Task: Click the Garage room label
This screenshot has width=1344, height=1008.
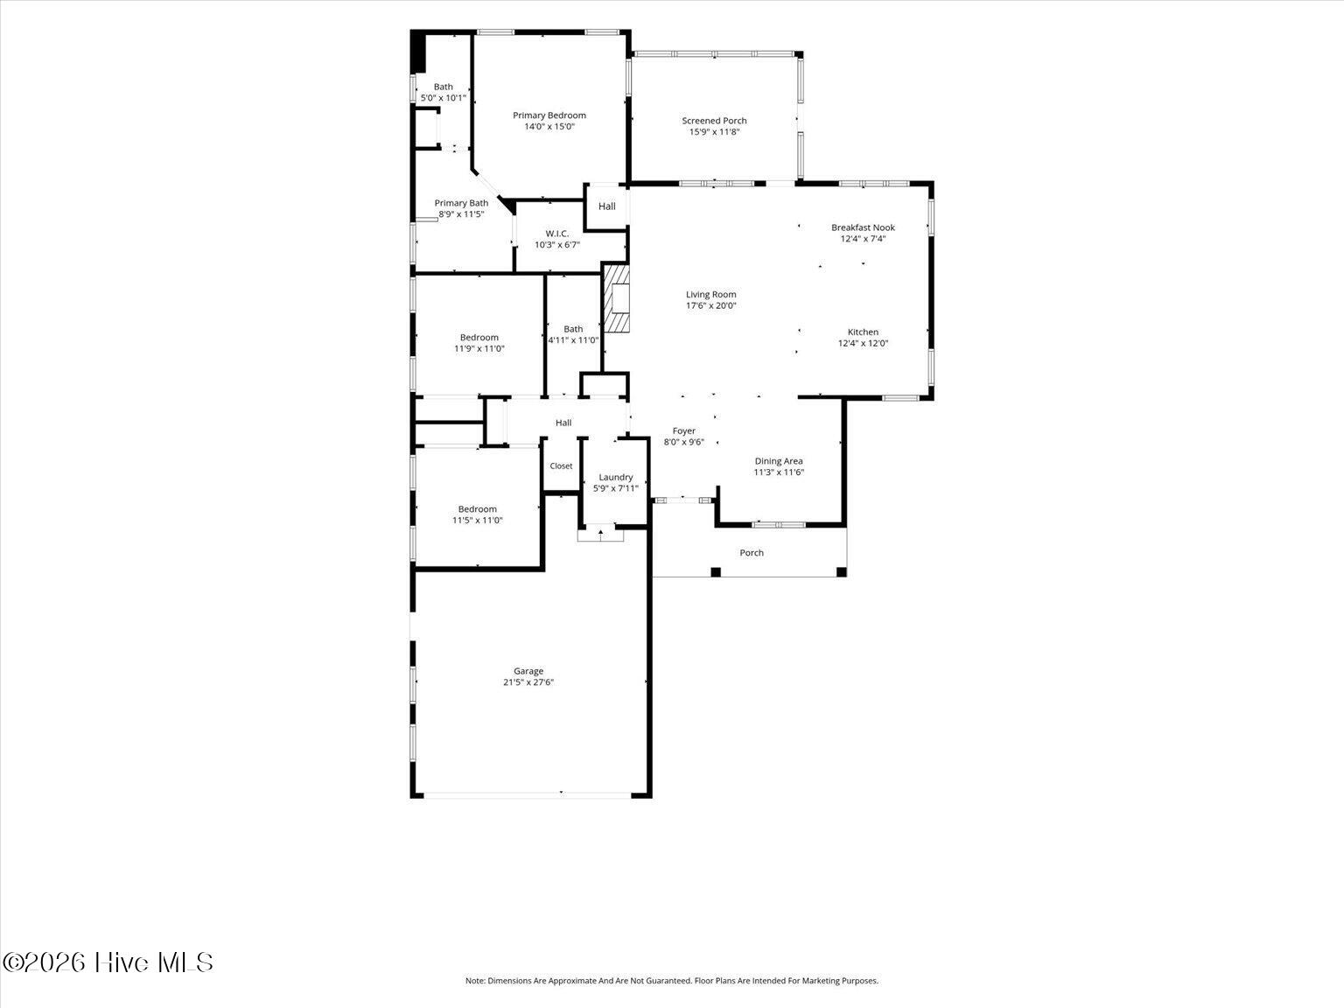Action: pyautogui.click(x=528, y=671)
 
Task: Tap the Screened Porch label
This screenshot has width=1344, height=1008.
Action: pyautogui.click(x=714, y=121)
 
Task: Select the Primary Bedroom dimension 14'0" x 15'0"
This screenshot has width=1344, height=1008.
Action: pyautogui.click(x=549, y=127)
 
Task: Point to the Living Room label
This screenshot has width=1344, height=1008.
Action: pyautogui.click(x=710, y=294)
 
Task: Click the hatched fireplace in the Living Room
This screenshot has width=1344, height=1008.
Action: pyautogui.click(x=616, y=298)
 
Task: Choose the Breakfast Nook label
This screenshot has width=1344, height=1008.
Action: pyautogui.click(x=863, y=227)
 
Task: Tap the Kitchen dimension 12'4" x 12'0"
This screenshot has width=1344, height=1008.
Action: pyautogui.click(x=863, y=343)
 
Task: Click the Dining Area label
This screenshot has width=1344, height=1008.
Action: pyautogui.click(x=778, y=461)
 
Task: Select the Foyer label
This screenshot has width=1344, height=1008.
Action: pyautogui.click(x=684, y=430)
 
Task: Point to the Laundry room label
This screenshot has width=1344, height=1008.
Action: pyautogui.click(x=615, y=478)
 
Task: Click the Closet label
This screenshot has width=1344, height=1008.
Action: pyautogui.click(x=561, y=465)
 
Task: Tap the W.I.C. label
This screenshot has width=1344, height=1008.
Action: pyautogui.click(x=557, y=233)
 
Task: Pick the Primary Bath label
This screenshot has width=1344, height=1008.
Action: pyautogui.click(x=461, y=203)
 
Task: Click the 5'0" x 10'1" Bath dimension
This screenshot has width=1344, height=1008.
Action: pyautogui.click(x=444, y=98)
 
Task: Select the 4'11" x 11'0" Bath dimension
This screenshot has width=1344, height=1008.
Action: pyautogui.click(x=573, y=340)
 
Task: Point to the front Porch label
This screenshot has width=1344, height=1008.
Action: pyautogui.click(x=752, y=553)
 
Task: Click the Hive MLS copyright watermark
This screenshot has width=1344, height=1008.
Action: pyautogui.click(x=108, y=962)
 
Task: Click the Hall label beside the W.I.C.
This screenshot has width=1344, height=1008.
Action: pyautogui.click(x=606, y=206)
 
